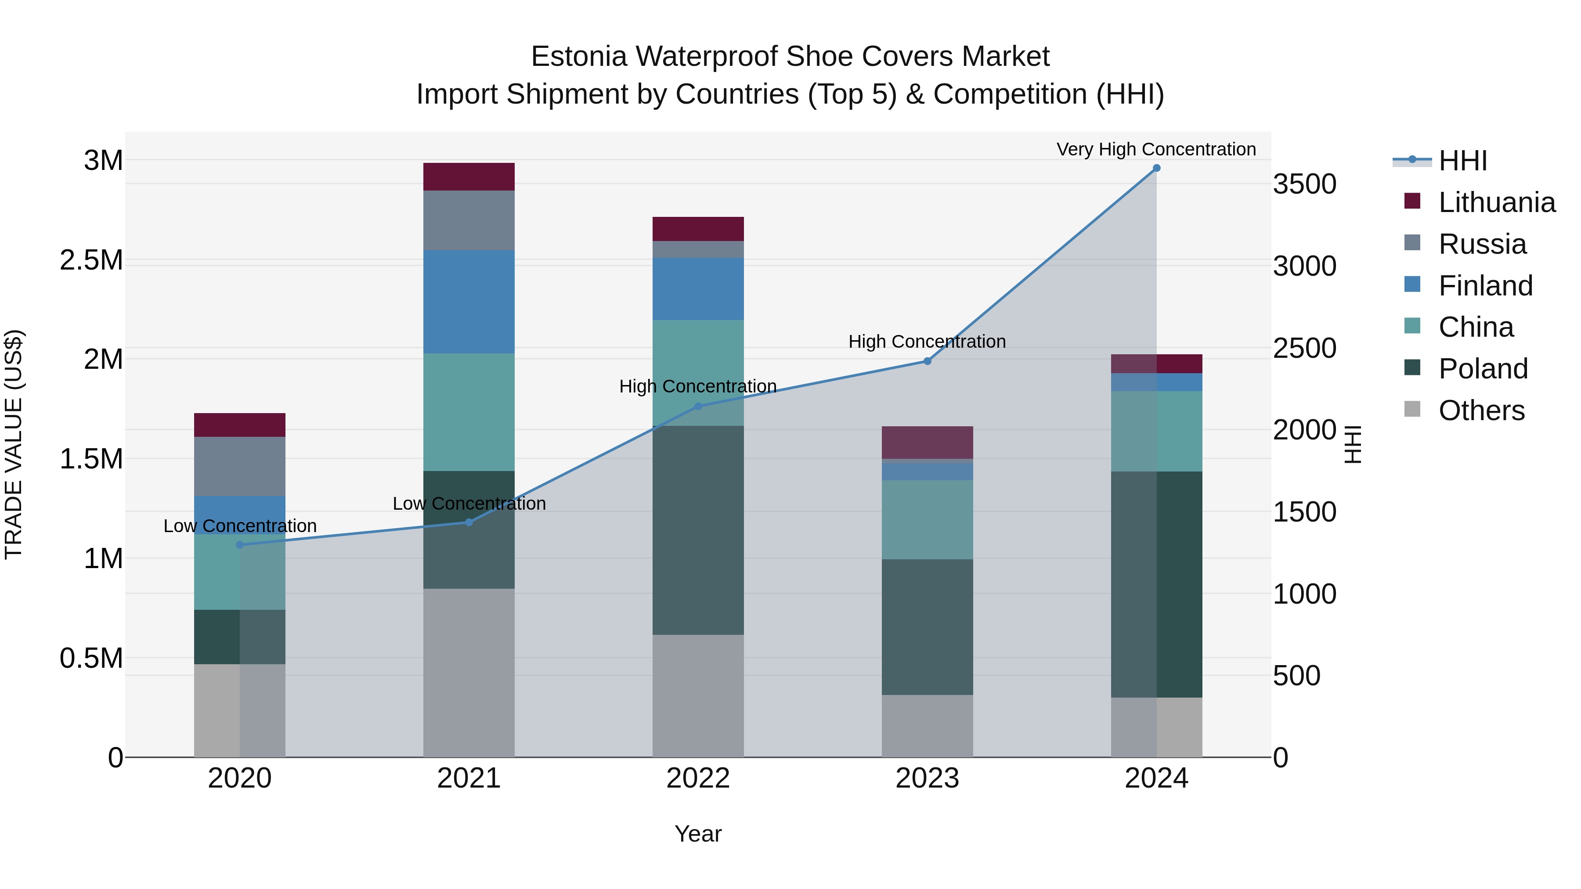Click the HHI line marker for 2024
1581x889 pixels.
pyautogui.click(x=1156, y=168)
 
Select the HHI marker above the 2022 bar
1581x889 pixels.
pyautogui.click(x=698, y=406)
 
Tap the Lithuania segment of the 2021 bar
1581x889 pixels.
pyautogui.click(x=469, y=176)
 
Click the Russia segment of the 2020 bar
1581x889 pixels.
pyautogui.click(x=240, y=466)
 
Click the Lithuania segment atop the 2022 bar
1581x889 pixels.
pyautogui.click(x=698, y=229)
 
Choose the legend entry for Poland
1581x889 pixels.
pyautogui.click(x=1482, y=369)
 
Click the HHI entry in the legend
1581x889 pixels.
pyautogui.click(x=1462, y=161)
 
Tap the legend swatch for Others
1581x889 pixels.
pyautogui.click(x=1412, y=409)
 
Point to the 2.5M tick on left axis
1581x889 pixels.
pyautogui.click(x=91, y=260)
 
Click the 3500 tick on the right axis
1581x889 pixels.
pyautogui.click(x=1305, y=184)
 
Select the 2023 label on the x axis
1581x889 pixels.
pyautogui.click(x=928, y=778)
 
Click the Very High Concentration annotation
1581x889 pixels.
pyautogui.click(x=1156, y=149)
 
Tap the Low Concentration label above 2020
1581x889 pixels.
pyautogui.click(x=240, y=526)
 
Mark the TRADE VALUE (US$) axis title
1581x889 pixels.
pyautogui.click(x=14, y=444)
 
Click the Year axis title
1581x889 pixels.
pyautogui.click(x=698, y=834)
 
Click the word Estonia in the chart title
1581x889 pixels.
pyautogui.click(x=579, y=57)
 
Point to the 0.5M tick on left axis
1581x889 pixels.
pyautogui.click(x=91, y=658)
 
